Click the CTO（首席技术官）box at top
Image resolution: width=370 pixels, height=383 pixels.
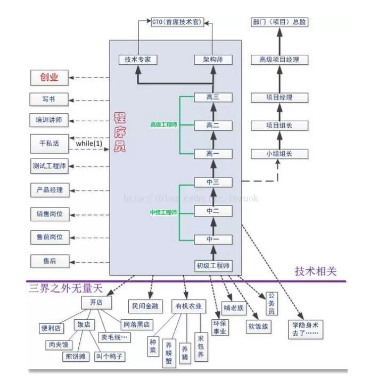(177, 22)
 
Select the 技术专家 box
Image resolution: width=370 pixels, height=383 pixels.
(137, 60)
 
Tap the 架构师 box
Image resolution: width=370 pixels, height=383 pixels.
(213, 60)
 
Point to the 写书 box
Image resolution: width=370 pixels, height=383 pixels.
(49, 99)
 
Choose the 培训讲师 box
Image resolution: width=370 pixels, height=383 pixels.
(49, 120)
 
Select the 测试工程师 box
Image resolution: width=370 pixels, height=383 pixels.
(49, 166)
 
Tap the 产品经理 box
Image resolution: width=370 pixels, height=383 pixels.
(49, 190)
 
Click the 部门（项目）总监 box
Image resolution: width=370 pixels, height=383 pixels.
(279, 22)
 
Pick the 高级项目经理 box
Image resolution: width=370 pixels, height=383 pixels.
(279, 60)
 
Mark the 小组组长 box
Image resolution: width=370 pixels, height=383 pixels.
(279, 154)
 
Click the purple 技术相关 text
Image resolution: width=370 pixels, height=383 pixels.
(316, 271)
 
